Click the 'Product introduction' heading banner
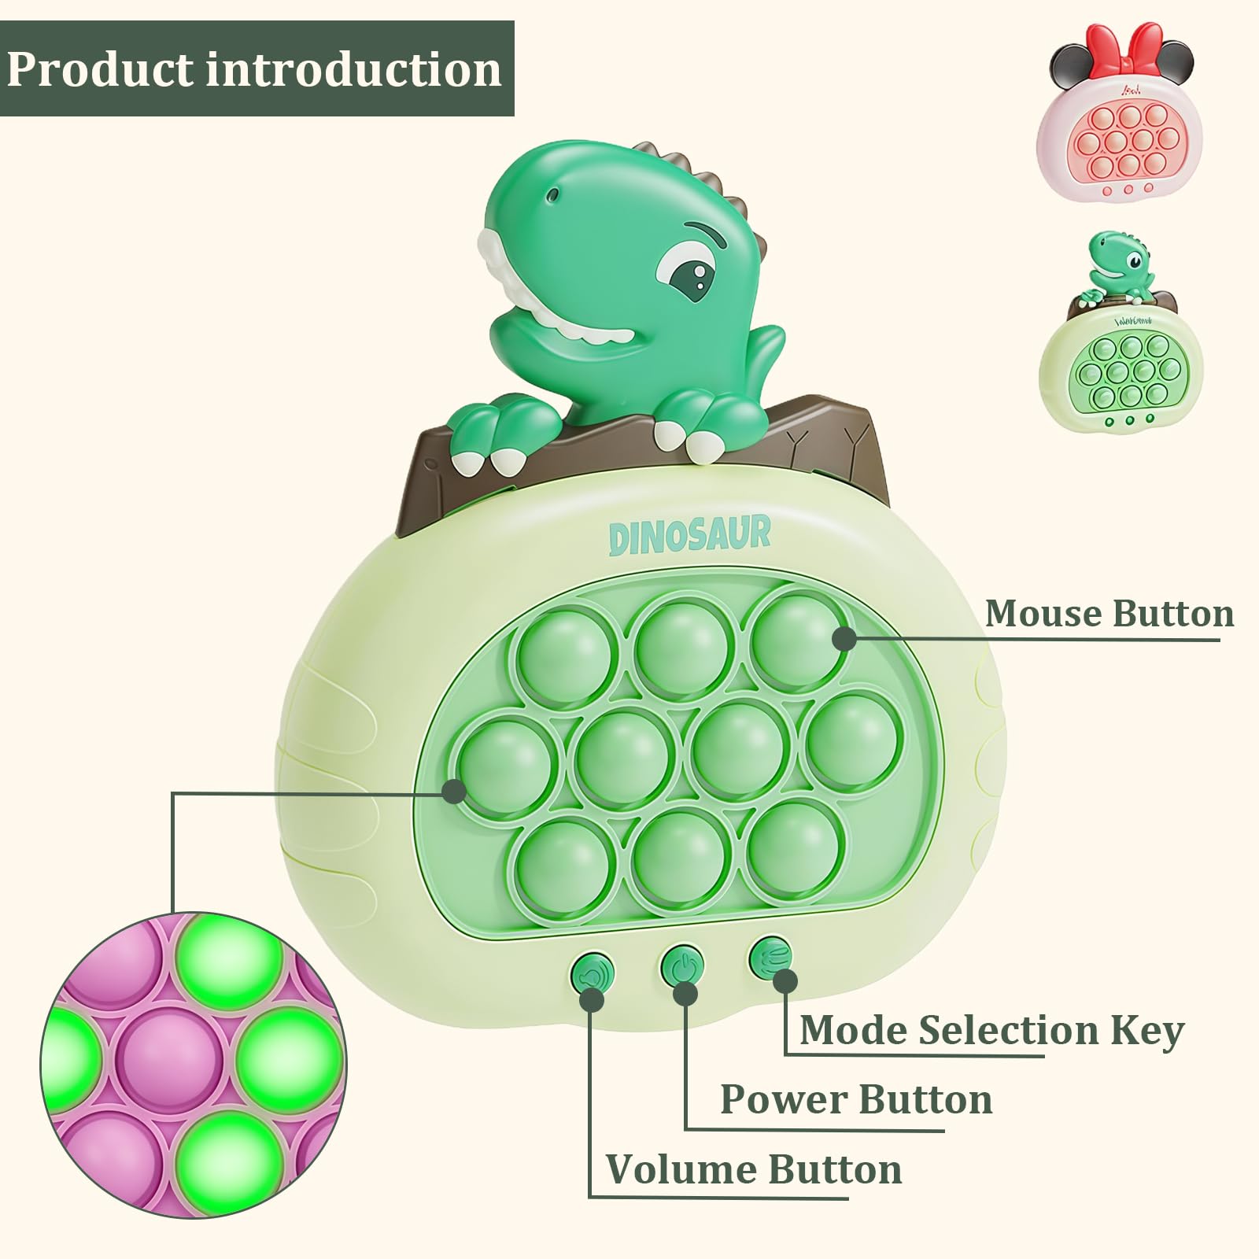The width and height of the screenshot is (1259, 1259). tap(257, 68)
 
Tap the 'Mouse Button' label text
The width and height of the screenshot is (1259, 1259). tap(1109, 614)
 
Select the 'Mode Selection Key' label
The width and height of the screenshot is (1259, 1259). tap(991, 1031)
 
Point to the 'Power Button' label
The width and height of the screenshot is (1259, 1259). tap(856, 1099)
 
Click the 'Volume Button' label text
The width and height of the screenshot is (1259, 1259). tap(754, 1169)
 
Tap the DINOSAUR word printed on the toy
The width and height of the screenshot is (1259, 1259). tap(690, 535)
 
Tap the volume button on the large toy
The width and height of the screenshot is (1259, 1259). tap(592, 977)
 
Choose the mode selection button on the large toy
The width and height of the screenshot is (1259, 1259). tap(770, 958)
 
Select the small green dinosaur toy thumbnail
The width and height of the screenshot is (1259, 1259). tap(1121, 331)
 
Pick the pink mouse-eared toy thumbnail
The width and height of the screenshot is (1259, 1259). tap(1121, 112)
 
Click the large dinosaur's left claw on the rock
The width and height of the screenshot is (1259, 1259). tap(489, 436)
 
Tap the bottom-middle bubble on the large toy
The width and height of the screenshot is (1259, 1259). tap(679, 858)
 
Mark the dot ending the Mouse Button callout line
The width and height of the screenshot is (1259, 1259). tap(844, 638)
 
